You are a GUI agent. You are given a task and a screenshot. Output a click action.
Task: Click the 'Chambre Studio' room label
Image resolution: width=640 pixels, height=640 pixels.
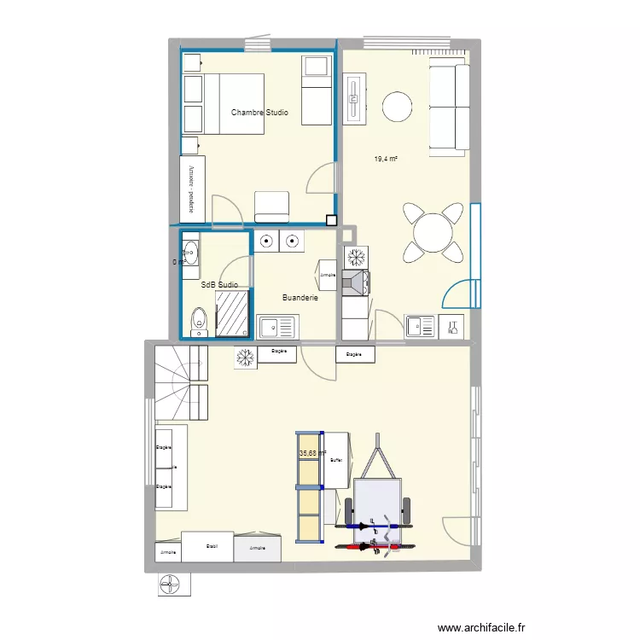tap(259, 113)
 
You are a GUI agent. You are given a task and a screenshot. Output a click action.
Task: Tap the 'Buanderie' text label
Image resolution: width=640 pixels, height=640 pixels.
tap(300, 298)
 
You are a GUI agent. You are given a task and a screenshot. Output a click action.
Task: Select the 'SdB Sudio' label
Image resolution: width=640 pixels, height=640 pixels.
tap(219, 285)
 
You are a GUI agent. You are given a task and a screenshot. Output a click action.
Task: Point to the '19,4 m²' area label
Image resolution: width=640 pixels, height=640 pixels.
tap(387, 159)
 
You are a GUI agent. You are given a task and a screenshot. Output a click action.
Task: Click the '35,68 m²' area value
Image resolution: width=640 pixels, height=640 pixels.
tap(312, 454)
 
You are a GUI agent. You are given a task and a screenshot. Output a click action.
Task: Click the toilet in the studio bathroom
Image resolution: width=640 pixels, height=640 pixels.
tap(198, 321)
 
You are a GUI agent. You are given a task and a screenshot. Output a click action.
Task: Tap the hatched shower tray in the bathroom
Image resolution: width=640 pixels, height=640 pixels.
tap(231, 312)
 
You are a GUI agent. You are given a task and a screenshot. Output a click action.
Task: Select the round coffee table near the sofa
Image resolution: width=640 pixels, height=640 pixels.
tap(398, 107)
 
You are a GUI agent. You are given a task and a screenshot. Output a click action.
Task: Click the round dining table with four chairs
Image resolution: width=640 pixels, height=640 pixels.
tap(433, 231)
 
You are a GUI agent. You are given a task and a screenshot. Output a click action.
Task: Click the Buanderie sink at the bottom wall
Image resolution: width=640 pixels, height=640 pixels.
tap(276, 325)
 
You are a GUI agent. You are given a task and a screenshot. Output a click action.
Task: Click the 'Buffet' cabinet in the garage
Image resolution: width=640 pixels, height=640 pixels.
tap(336, 460)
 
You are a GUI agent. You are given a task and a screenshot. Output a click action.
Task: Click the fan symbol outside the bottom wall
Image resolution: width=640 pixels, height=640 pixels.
tap(174, 584)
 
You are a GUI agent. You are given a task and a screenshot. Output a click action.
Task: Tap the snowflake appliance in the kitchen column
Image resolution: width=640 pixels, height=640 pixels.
tap(356, 257)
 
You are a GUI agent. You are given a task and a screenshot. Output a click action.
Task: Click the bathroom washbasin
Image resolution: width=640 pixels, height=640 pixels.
tap(191, 252)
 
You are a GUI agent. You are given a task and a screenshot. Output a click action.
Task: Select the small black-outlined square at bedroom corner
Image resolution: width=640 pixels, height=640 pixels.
tap(331, 219)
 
